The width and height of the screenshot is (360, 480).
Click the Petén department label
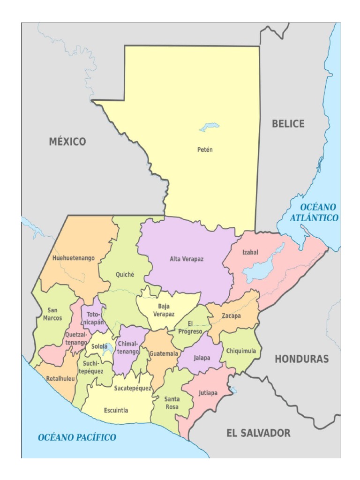click(x=204, y=150)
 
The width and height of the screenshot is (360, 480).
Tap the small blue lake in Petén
click(x=209, y=127)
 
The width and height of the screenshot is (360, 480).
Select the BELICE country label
click(x=288, y=124)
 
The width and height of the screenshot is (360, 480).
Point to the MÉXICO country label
click(x=67, y=142)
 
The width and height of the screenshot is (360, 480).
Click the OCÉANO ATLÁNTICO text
click(x=314, y=212)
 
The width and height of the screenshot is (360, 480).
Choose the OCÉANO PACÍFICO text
click(x=77, y=437)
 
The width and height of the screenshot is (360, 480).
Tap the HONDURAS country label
click(x=301, y=359)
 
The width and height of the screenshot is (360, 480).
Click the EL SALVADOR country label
click(x=258, y=433)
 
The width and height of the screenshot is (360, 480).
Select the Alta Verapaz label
click(x=187, y=259)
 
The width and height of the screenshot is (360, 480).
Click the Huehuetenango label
click(x=74, y=258)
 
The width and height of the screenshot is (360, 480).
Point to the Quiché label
click(x=125, y=275)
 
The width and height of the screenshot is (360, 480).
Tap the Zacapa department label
click(x=231, y=316)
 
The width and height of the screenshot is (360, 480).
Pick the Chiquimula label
click(x=241, y=350)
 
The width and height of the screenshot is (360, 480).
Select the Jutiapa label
click(x=208, y=393)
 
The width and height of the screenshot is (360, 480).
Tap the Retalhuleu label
click(x=60, y=378)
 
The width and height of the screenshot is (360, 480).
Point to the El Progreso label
click(x=195, y=328)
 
